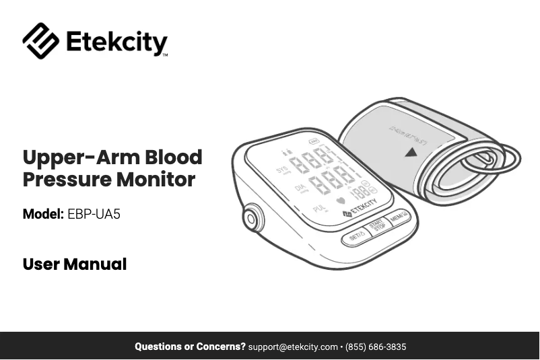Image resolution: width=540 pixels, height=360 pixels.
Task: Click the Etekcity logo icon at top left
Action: tap(40, 41)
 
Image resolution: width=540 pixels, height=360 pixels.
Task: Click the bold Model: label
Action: tap(43, 215)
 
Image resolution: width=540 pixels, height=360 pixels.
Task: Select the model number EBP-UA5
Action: tap(94, 215)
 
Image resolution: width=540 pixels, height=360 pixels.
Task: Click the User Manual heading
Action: tap(75, 264)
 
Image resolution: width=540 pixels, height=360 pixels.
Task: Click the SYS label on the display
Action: tap(281, 169)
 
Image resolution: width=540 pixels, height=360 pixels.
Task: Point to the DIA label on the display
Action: tap(300, 188)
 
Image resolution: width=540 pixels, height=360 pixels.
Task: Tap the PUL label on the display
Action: tap(320, 207)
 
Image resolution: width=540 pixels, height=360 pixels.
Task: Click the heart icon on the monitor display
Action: tap(340, 201)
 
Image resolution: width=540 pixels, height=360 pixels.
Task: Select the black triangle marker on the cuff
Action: tap(411, 153)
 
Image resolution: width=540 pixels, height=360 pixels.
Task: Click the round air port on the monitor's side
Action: tap(252, 218)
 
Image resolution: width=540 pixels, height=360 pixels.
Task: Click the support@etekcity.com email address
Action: tap(293, 347)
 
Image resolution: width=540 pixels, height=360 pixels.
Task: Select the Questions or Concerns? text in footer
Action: tap(190, 347)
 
